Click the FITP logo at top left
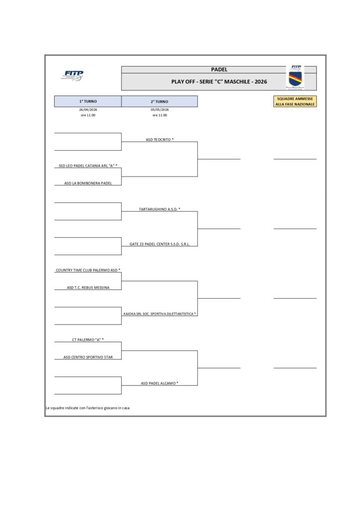click(74, 76)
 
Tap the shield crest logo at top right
click(295, 78)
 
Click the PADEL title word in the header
click(219, 70)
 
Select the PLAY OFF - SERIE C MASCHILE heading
click(219, 82)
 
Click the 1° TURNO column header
click(88, 101)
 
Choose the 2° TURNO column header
click(159, 101)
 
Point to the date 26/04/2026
click(88, 109)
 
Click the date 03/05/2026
click(160, 109)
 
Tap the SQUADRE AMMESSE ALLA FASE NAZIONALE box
click(295, 101)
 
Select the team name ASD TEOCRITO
click(160, 140)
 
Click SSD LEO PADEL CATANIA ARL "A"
click(88, 166)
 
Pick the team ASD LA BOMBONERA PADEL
click(88, 183)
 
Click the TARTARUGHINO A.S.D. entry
click(160, 209)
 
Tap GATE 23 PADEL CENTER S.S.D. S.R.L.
click(160, 244)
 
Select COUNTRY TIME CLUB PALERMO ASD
click(88, 270)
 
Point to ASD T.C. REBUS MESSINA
click(88, 287)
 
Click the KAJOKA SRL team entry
click(160, 314)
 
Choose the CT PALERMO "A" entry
click(88, 339)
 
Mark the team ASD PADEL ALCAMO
click(160, 383)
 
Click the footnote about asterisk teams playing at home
click(88, 408)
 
